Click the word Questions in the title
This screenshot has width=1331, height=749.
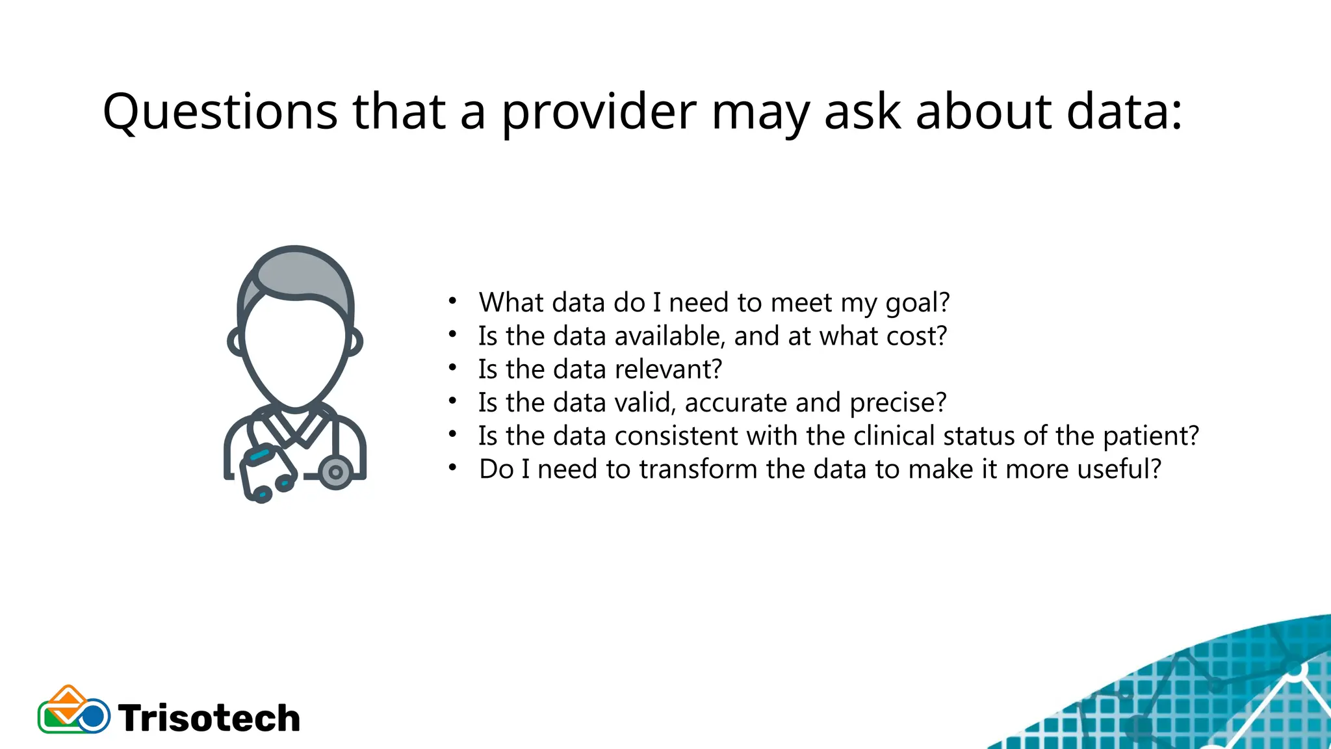pyautogui.click(x=220, y=112)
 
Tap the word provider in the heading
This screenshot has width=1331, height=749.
pyautogui.click(x=599, y=112)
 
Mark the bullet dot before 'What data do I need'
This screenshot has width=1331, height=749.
pyautogui.click(x=453, y=302)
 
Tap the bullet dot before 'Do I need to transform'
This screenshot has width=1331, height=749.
pyautogui.click(x=453, y=468)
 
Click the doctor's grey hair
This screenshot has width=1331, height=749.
pyautogui.click(x=299, y=273)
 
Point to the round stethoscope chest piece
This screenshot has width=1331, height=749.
pyautogui.click(x=336, y=472)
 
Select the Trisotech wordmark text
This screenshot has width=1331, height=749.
pyautogui.click(x=209, y=718)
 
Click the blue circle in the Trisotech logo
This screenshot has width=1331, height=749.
pyautogui.click(x=94, y=717)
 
